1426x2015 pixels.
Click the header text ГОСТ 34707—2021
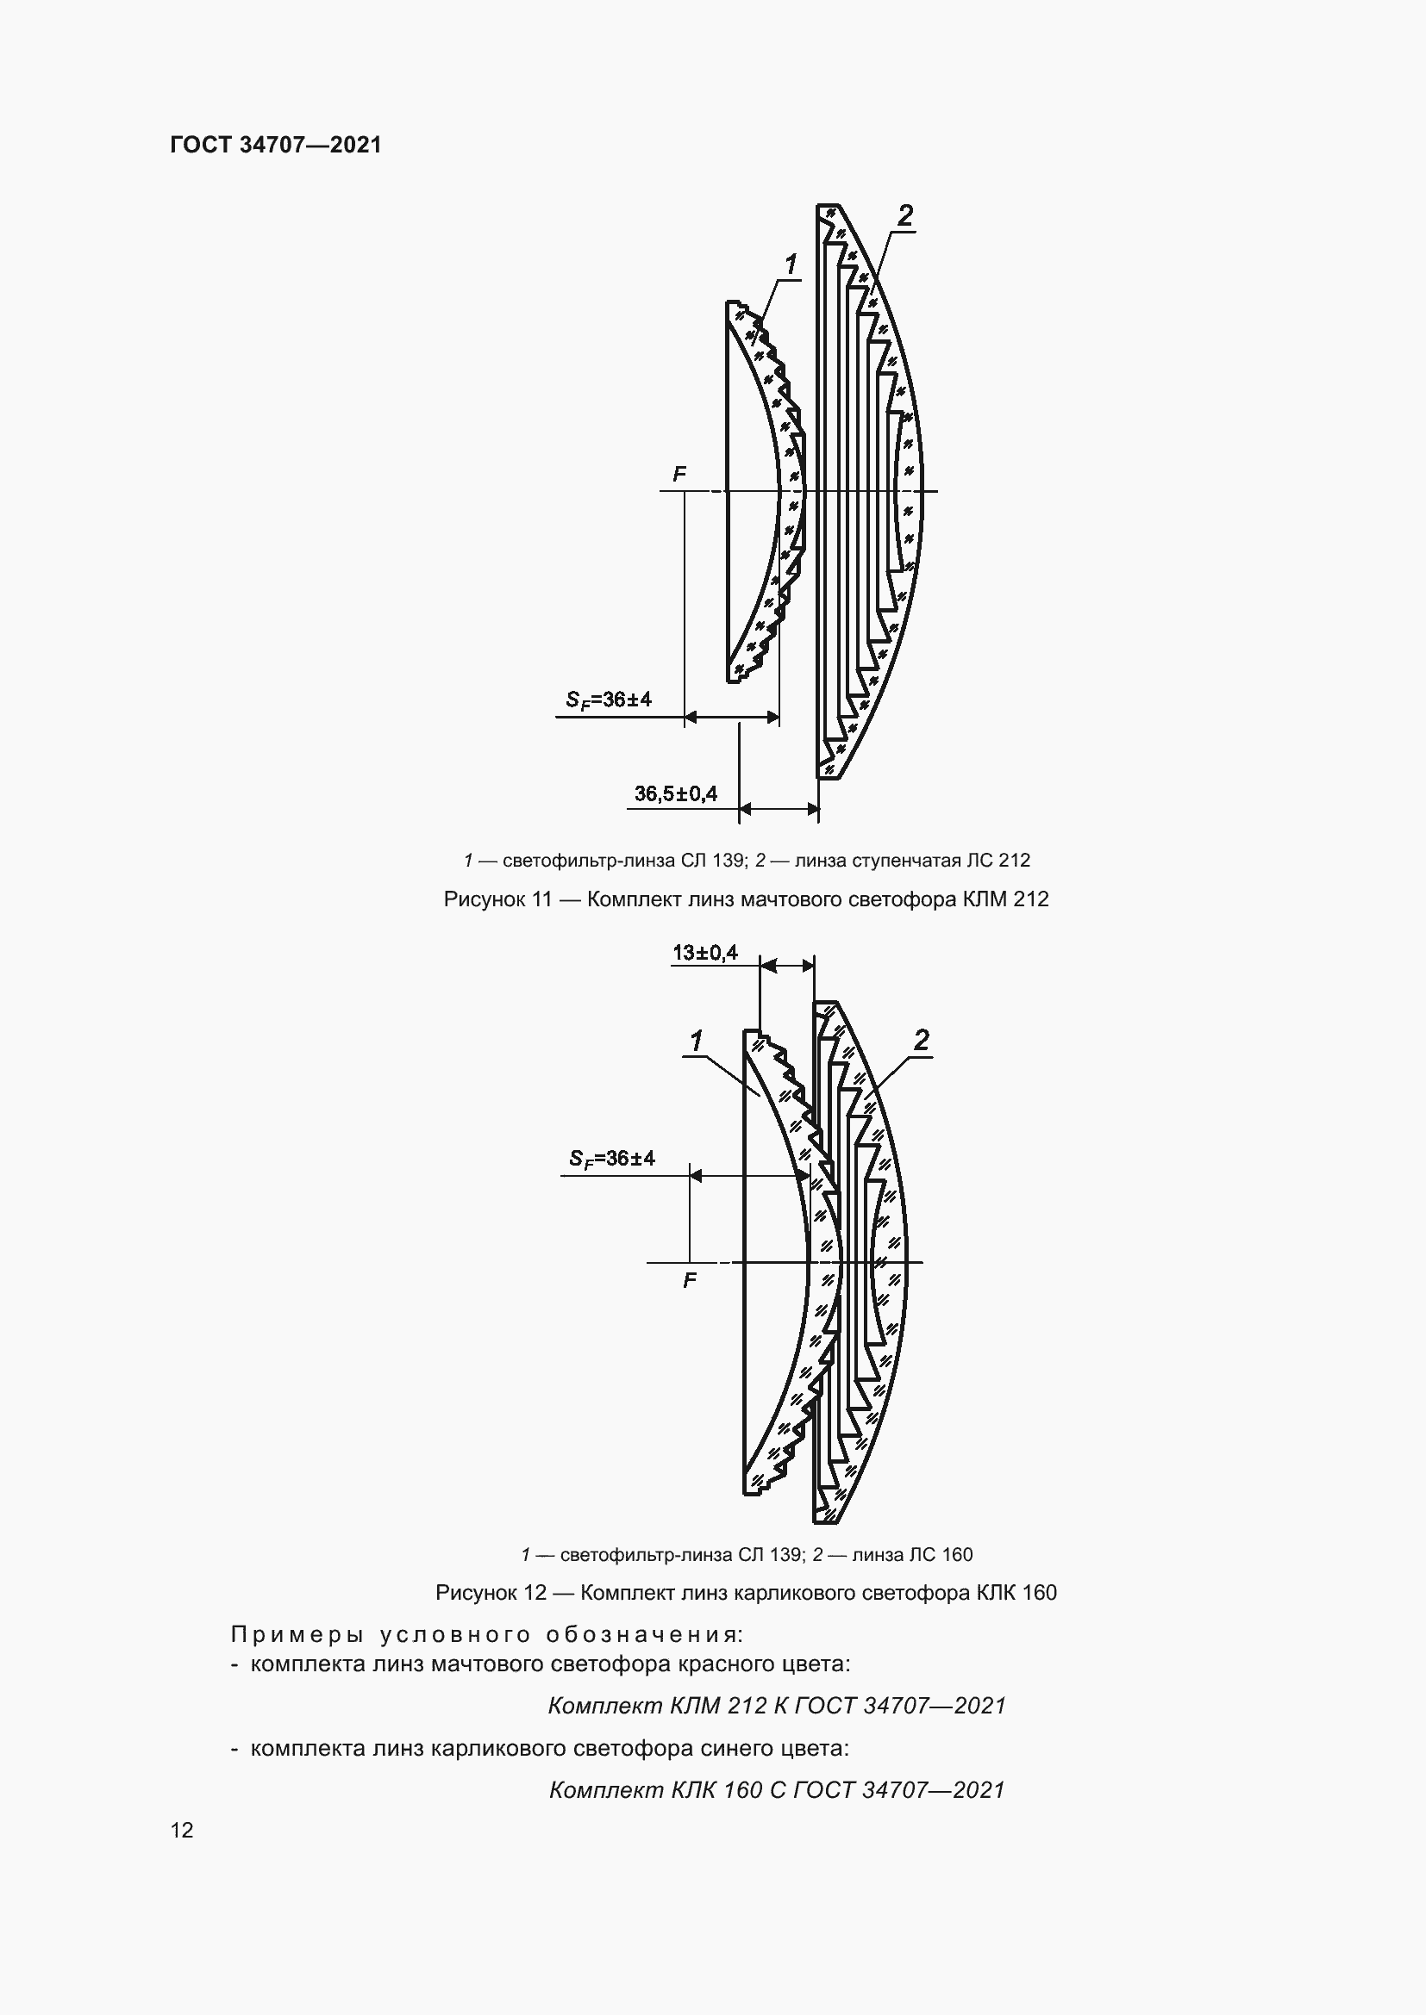[x=276, y=145]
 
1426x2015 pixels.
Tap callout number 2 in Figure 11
[x=904, y=215]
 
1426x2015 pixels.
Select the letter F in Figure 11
[x=679, y=475]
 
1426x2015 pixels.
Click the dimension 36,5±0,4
[x=675, y=794]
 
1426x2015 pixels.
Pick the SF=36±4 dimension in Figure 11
[x=609, y=700]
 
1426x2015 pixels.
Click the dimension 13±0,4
[x=705, y=952]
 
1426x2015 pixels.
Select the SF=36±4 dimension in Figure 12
[x=612, y=1159]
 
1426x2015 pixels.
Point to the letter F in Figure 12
[x=690, y=1280]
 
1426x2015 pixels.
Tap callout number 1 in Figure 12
[x=696, y=1042]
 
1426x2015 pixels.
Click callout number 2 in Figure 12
[x=920, y=1040]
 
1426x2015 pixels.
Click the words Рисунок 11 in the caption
[x=496, y=899]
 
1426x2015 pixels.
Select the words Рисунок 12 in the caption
[x=491, y=1593]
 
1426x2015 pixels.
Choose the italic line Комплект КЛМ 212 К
[x=776, y=1705]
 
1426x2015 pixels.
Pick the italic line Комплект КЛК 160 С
[x=776, y=1789]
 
